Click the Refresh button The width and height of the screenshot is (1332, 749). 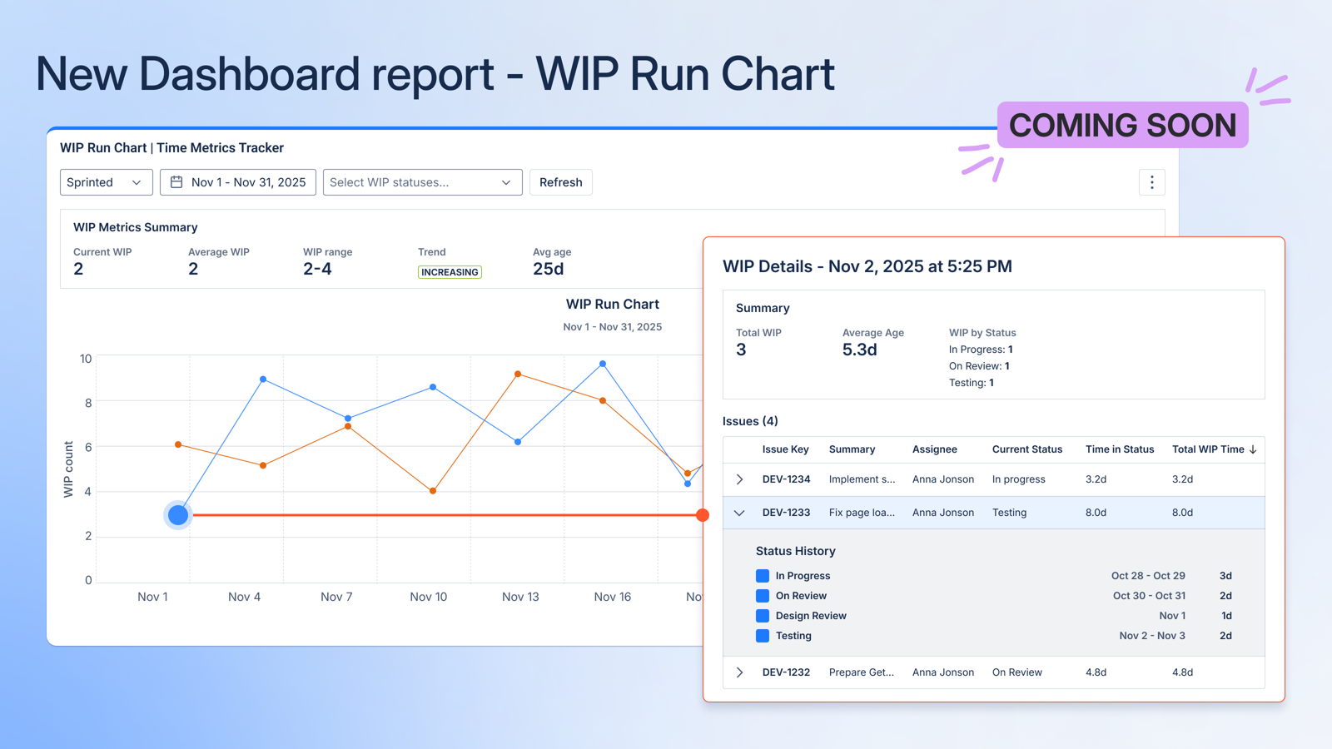tap(560, 182)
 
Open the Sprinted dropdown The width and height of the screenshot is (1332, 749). tap(106, 182)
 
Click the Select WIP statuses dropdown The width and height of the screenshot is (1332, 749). tap(422, 182)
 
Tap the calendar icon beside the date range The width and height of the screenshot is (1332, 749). tap(176, 182)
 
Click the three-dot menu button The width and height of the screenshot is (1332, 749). tap(1151, 182)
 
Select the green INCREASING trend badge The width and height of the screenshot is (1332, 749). tap(450, 272)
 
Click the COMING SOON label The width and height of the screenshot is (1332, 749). tap(1122, 126)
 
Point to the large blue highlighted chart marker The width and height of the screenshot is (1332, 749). tap(178, 515)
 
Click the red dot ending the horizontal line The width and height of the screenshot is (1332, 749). tap(703, 515)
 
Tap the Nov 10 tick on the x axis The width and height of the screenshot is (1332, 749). tap(429, 597)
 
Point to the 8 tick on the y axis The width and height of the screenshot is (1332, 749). tap(87, 403)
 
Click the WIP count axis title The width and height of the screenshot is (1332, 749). tap(68, 469)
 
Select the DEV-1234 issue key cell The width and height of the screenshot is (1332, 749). tap(786, 479)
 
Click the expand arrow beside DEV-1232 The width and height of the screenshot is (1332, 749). tap(739, 672)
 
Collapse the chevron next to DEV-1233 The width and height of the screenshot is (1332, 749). tap(739, 513)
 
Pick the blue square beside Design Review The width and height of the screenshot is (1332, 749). tap(763, 616)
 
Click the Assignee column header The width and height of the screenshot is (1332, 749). tap(934, 449)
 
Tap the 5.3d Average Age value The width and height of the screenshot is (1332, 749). tap(859, 350)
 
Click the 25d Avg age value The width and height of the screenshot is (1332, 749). tap(548, 269)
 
